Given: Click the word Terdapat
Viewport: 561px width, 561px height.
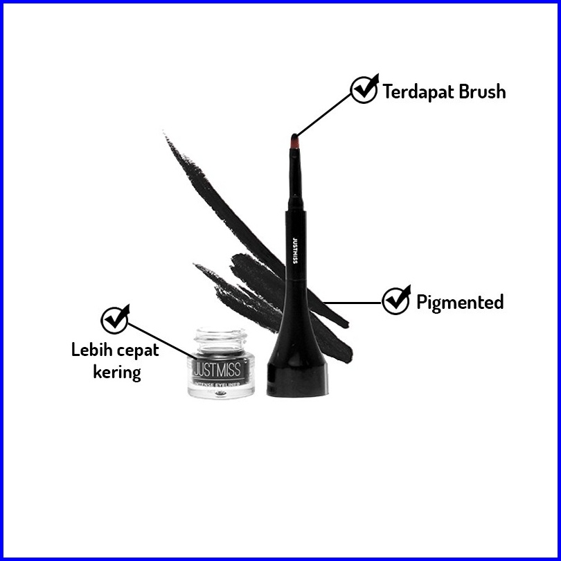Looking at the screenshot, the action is click(417, 91).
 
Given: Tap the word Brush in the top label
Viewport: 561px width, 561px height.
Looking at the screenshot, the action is click(480, 91).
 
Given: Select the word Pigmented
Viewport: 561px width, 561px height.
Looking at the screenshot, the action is click(459, 302).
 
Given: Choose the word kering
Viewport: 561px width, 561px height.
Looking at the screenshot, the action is click(116, 372).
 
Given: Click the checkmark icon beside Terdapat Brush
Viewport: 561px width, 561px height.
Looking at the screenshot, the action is click(364, 89).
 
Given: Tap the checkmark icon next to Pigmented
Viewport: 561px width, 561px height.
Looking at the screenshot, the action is click(396, 300).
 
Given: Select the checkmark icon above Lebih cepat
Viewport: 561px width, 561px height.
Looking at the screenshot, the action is click(115, 319).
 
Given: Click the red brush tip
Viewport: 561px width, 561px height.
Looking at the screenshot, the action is click(294, 143).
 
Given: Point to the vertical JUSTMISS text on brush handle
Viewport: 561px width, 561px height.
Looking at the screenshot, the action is click(295, 250).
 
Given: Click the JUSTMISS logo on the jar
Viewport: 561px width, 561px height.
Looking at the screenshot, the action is click(217, 365).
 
